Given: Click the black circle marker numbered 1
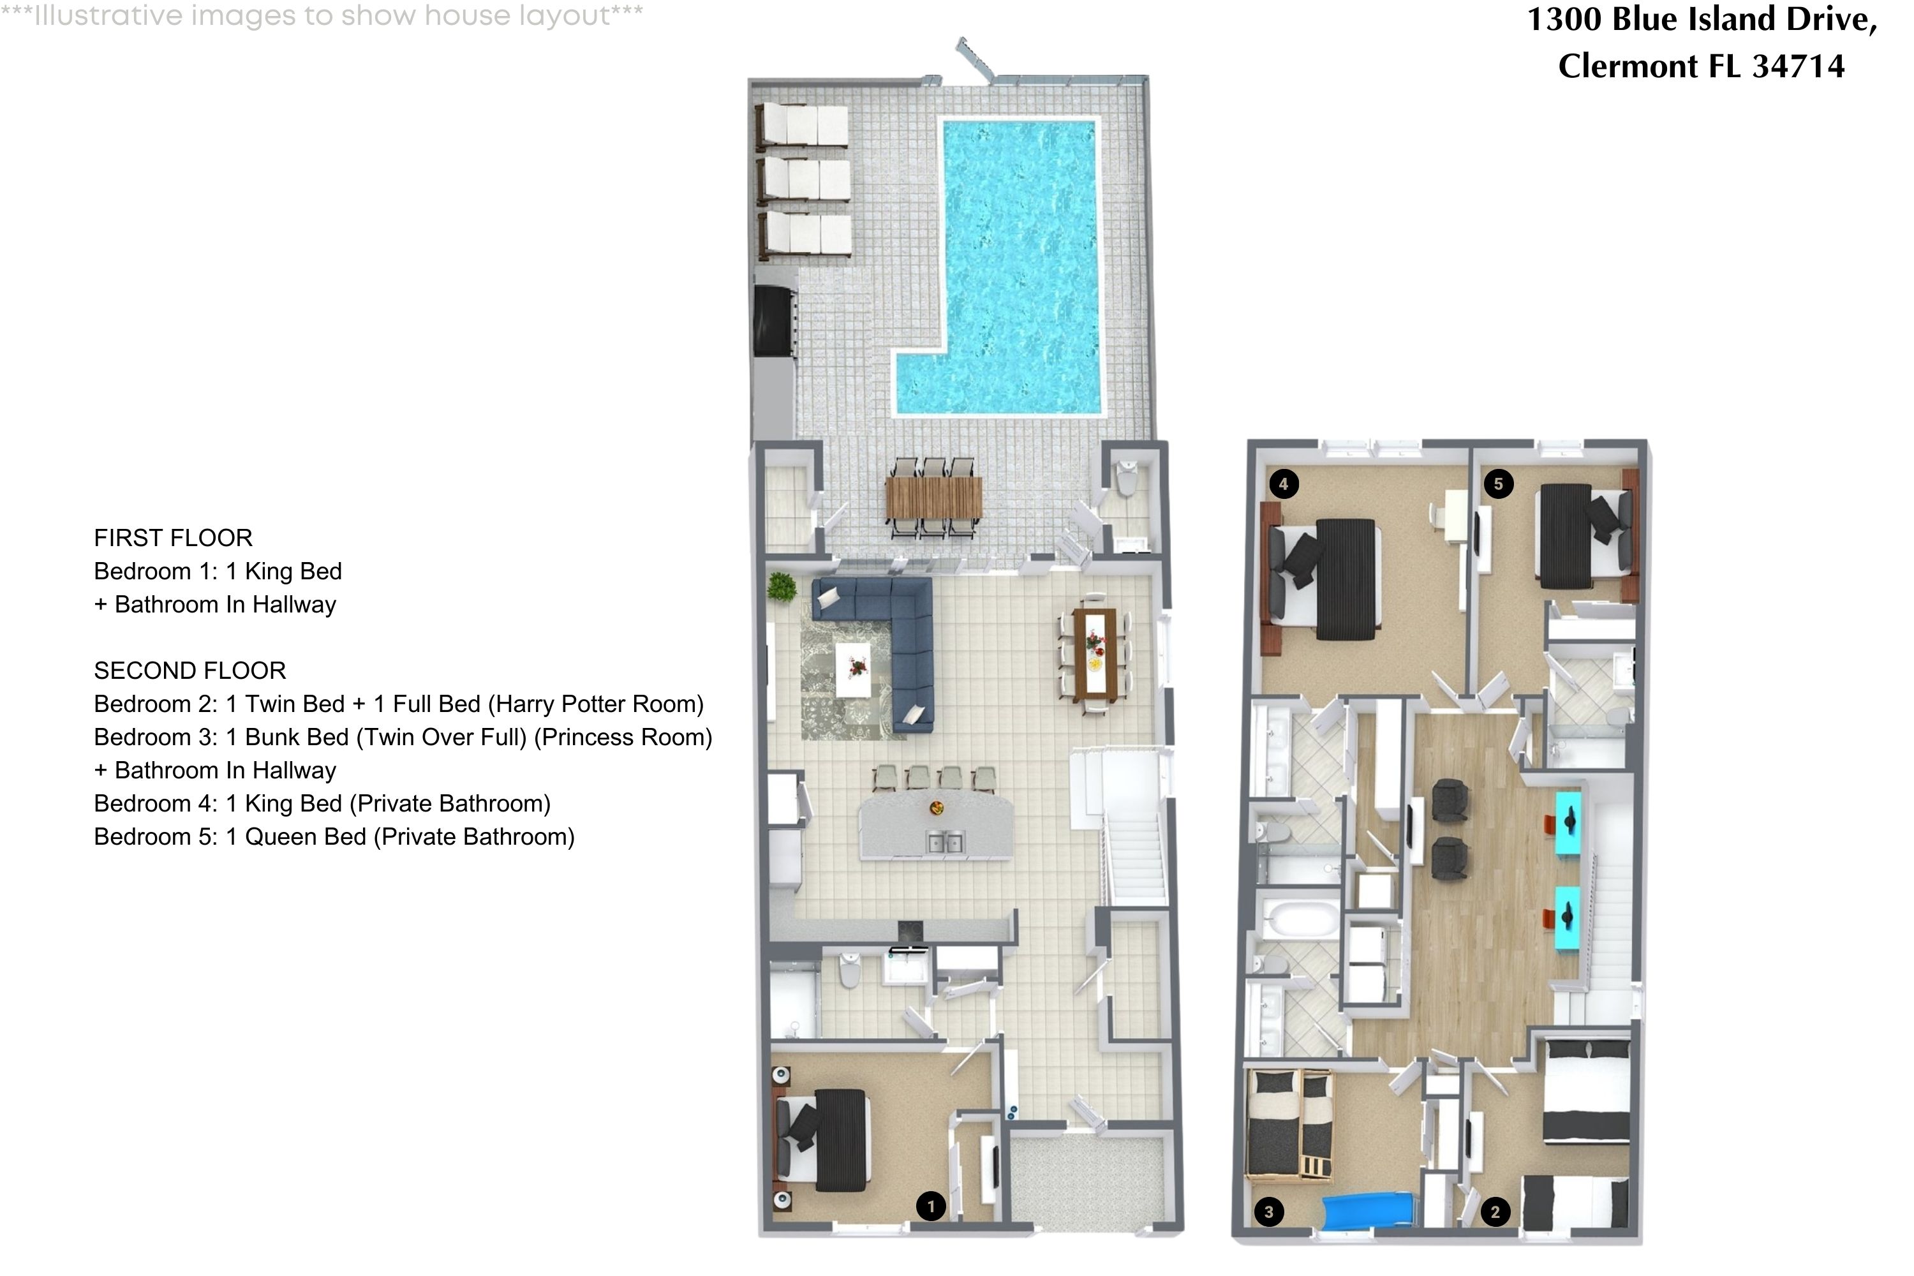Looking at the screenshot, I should pyautogui.click(x=930, y=1205).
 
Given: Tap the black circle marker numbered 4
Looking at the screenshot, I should pyautogui.click(x=1283, y=484).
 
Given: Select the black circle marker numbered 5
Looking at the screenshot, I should pyautogui.click(x=1498, y=484).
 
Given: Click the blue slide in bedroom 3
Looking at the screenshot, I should pyautogui.click(x=1370, y=1210).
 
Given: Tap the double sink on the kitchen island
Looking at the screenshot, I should pyautogui.click(x=946, y=843).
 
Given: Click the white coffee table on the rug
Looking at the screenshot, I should pyautogui.click(x=853, y=669).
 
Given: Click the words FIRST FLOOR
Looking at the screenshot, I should pyautogui.click(x=174, y=538).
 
